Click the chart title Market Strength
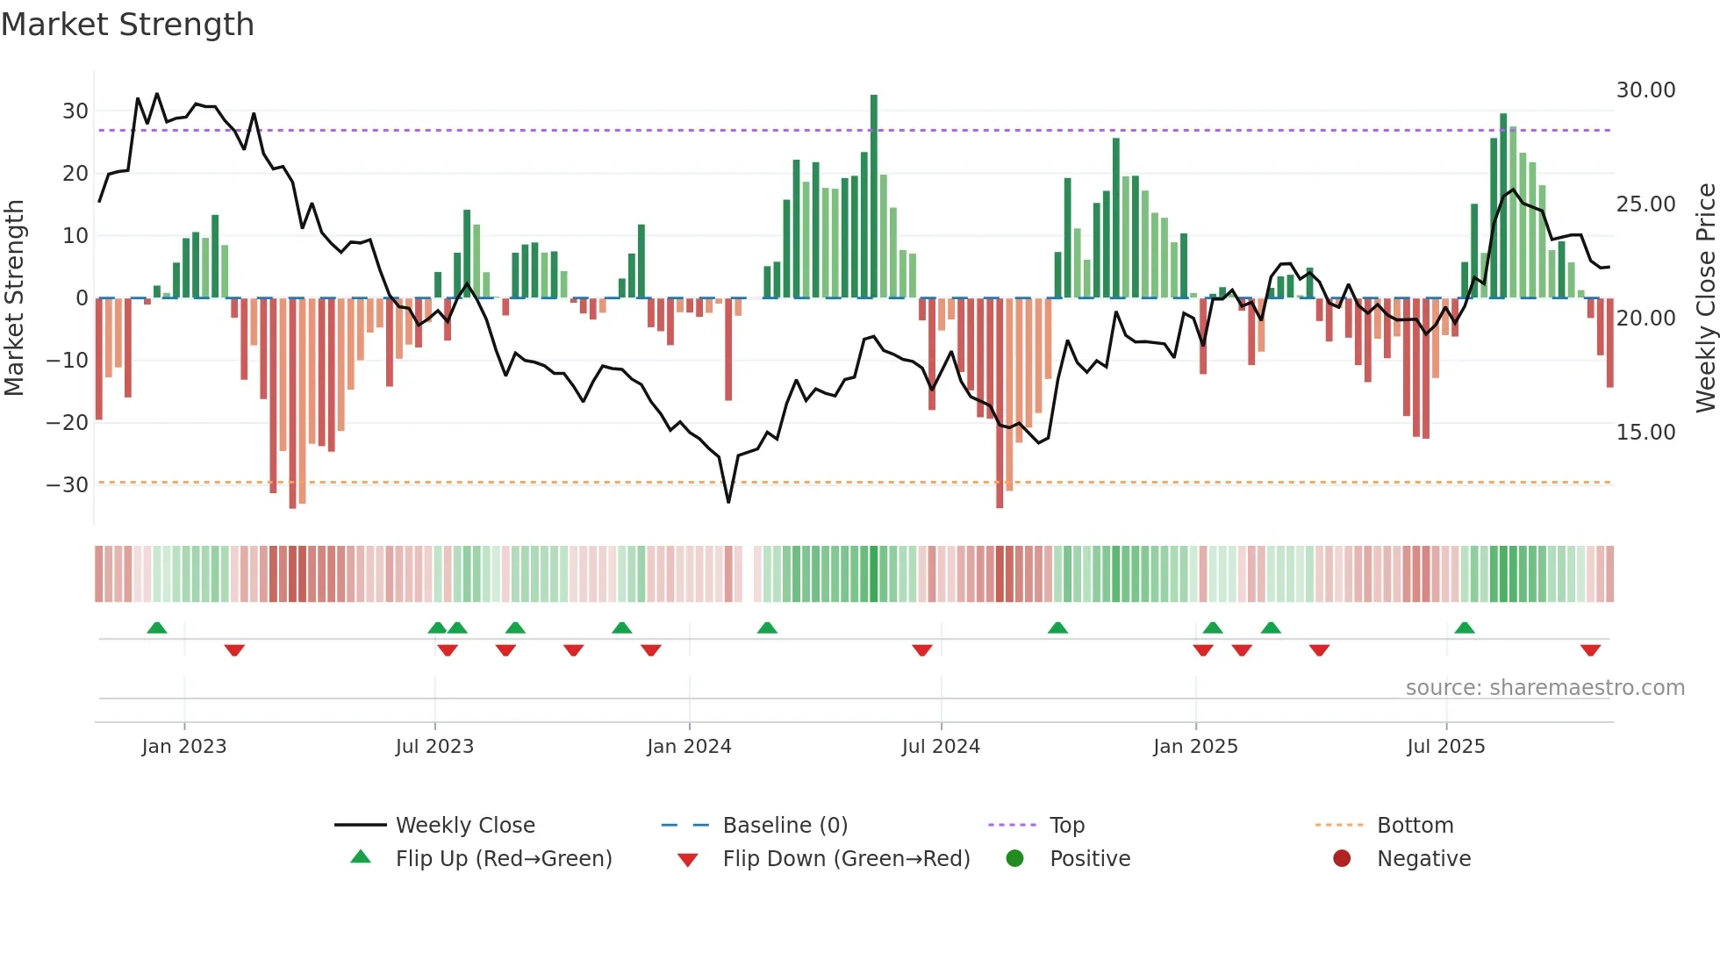pos(127,25)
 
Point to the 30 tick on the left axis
pos(75,111)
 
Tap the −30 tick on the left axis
pos(68,484)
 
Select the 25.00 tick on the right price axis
pos(1645,204)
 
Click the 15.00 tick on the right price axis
pos(1645,433)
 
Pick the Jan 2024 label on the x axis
pos(689,747)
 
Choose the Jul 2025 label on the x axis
pos(1445,747)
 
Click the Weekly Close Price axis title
pos(1705,298)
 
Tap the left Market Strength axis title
pos(15,298)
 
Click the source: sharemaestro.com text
pos(1544,688)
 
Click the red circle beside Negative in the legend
pos(1342,859)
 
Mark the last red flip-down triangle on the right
pos(1590,650)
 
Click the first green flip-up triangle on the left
pos(157,627)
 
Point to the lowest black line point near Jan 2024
pos(728,501)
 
